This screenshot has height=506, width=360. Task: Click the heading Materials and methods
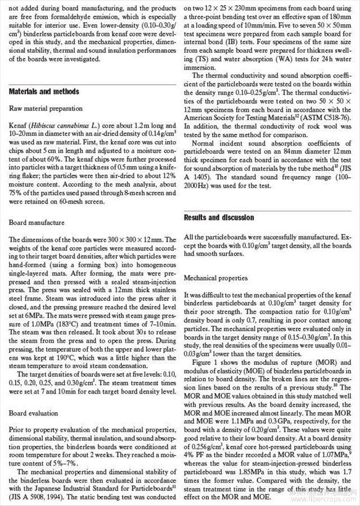44,92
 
